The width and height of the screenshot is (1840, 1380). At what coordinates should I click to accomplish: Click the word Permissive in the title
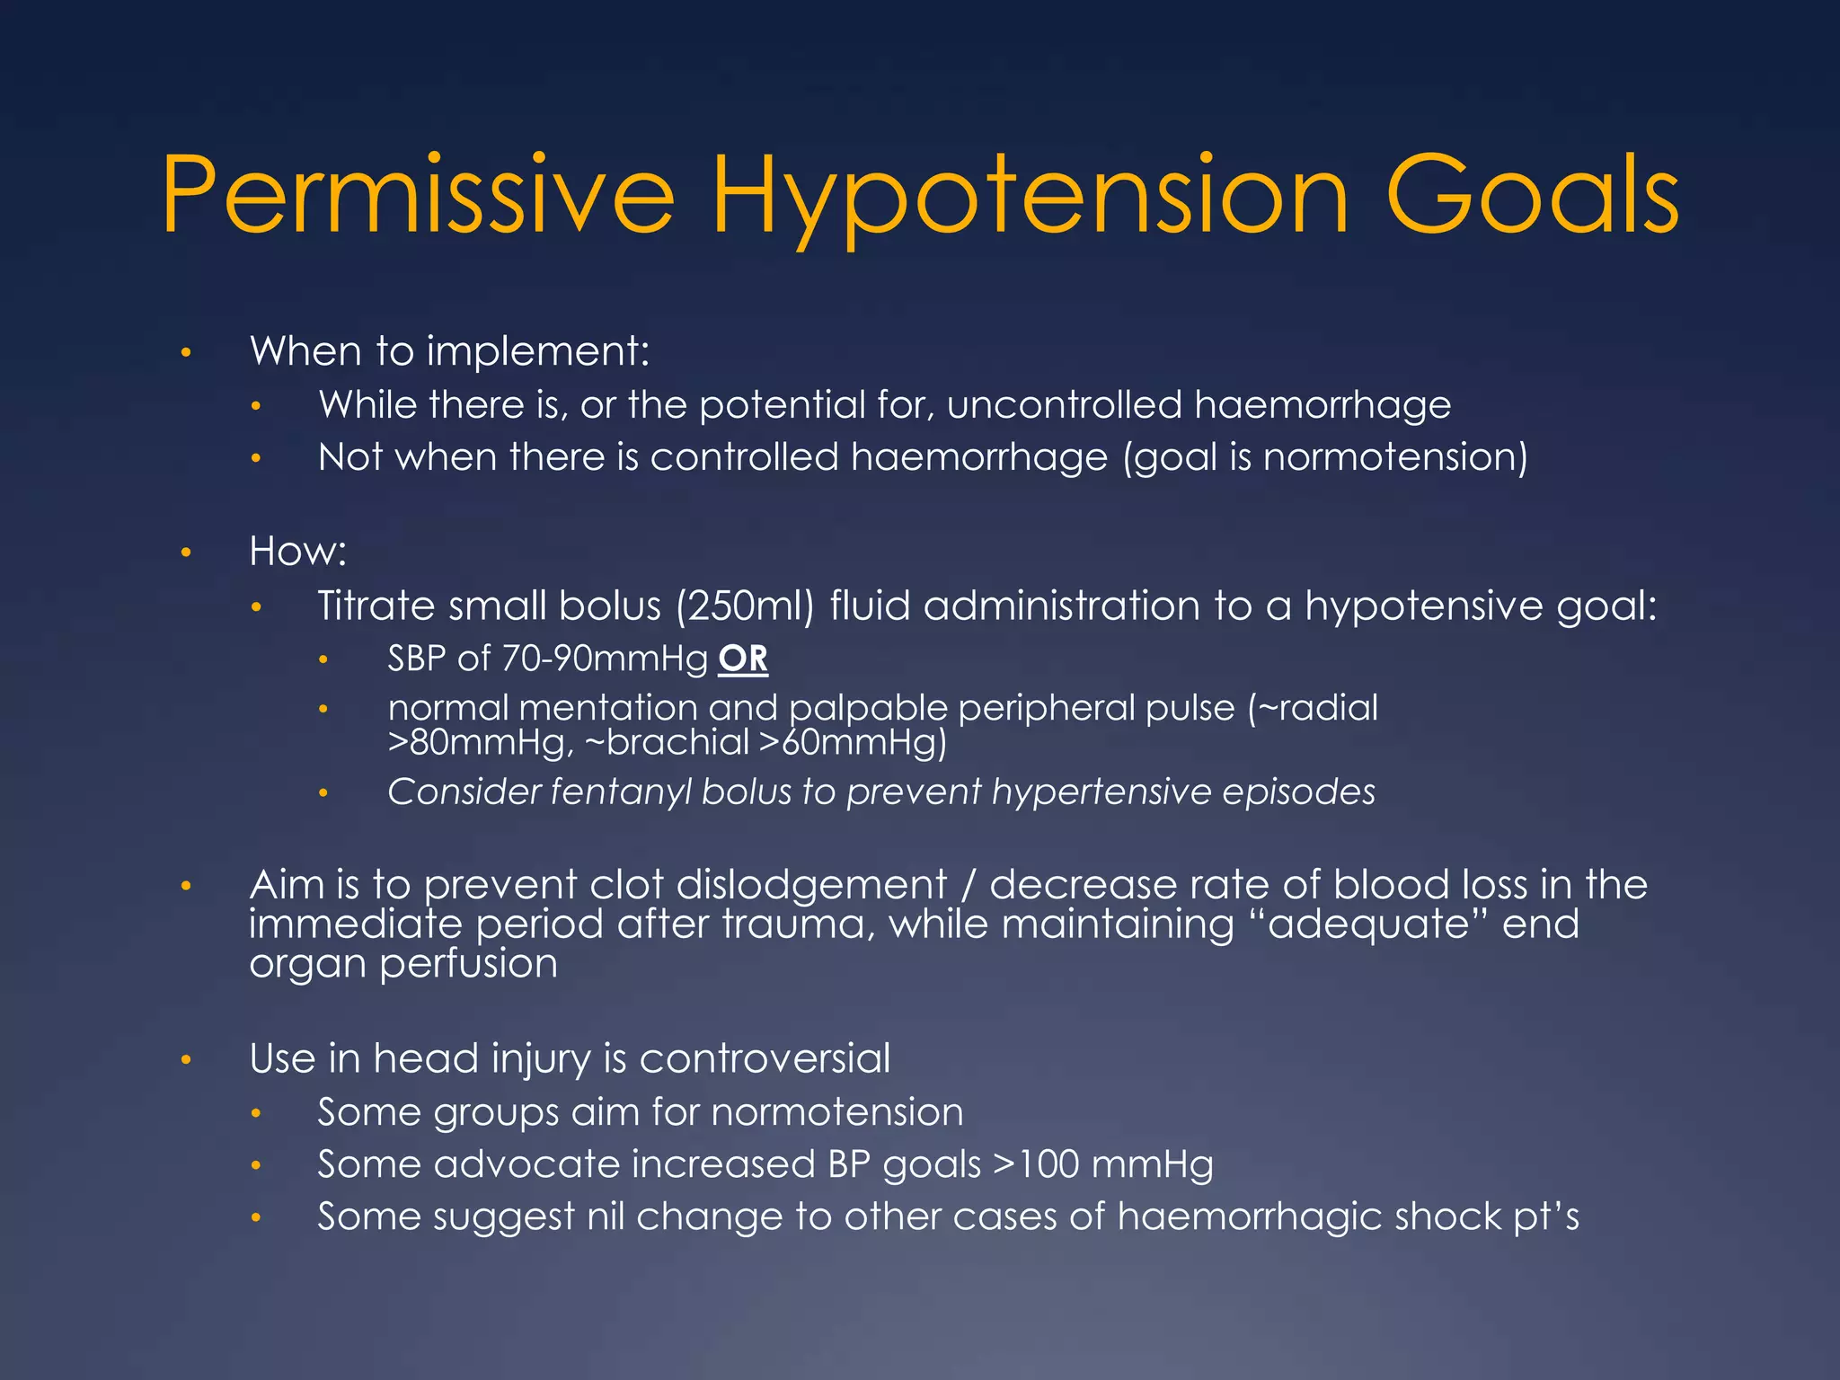point(418,195)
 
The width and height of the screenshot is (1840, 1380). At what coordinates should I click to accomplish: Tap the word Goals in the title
point(1532,195)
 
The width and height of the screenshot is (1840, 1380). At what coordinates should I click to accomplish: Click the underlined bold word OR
point(743,659)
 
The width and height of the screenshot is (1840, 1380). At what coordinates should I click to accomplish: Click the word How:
point(297,551)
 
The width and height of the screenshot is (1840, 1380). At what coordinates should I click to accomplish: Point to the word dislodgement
point(811,885)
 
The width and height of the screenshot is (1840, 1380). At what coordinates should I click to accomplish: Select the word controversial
point(765,1058)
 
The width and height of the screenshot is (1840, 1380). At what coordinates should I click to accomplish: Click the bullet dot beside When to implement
point(186,352)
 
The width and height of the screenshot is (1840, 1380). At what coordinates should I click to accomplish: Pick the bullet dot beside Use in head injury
point(186,1060)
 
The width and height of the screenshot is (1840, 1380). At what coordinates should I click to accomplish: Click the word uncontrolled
point(1065,405)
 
